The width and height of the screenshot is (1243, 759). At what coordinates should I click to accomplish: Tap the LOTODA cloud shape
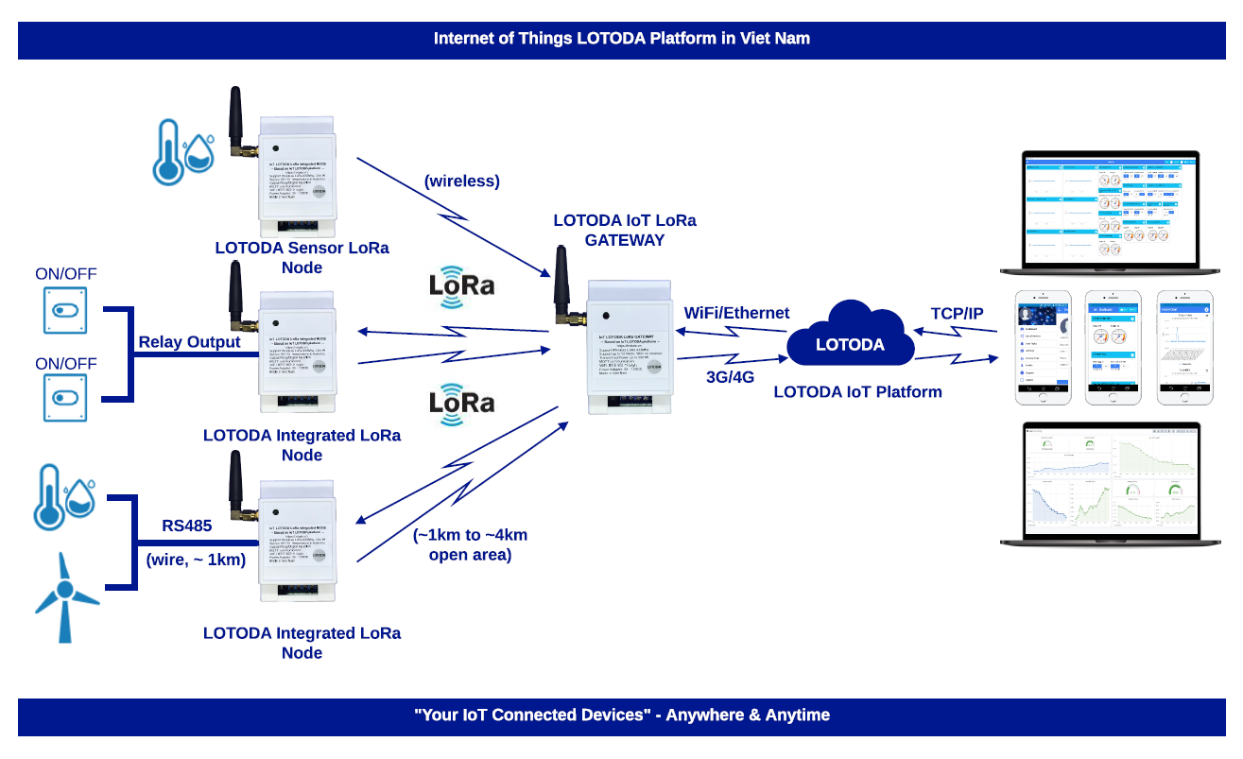click(850, 336)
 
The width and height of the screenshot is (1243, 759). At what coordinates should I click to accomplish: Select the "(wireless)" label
click(462, 181)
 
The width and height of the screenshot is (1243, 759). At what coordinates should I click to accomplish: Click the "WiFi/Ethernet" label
click(736, 313)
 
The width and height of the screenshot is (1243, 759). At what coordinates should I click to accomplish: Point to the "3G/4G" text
click(730, 376)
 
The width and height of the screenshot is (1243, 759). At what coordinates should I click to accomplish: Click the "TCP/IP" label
click(957, 313)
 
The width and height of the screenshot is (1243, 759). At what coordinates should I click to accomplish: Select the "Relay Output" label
click(190, 341)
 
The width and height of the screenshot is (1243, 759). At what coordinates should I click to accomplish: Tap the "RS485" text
click(187, 526)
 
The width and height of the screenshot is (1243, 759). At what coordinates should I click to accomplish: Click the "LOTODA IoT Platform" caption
click(857, 391)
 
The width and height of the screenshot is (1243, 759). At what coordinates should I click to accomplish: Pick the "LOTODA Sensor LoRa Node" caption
click(302, 257)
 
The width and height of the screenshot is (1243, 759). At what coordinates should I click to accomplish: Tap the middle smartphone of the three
click(1114, 347)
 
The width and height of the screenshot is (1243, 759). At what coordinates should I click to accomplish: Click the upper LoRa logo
click(461, 285)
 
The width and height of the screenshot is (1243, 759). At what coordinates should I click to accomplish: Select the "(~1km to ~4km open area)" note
click(470, 544)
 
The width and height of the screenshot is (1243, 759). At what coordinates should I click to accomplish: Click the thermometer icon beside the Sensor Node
click(169, 151)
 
